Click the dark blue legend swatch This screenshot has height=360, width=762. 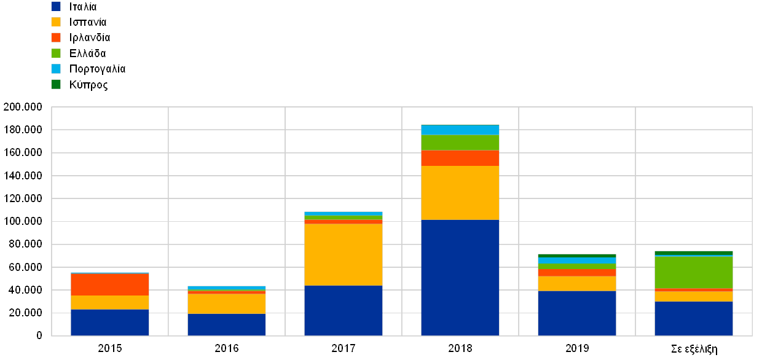pyautogui.click(x=56, y=7)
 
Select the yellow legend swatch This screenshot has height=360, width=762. pyautogui.click(x=56, y=22)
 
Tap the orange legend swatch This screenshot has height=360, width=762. pyautogui.click(x=56, y=37)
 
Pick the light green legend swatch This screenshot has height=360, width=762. pyautogui.click(x=56, y=53)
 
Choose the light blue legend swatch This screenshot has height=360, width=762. pyautogui.click(x=56, y=69)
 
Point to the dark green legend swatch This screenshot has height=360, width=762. pyautogui.click(x=56, y=84)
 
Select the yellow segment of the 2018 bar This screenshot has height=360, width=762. pyautogui.click(x=460, y=193)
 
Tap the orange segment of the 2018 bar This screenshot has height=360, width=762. pyautogui.click(x=460, y=158)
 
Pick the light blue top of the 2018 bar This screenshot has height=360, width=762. pyautogui.click(x=460, y=130)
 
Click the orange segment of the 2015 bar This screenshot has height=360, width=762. pyautogui.click(x=110, y=285)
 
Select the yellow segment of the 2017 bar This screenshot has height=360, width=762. pyautogui.click(x=344, y=255)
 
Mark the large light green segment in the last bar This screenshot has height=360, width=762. pyautogui.click(x=694, y=272)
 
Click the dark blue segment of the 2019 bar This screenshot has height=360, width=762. pyautogui.click(x=577, y=313)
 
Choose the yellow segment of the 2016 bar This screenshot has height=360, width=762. pyautogui.click(x=227, y=304)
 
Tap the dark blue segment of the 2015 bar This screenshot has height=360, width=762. pyautogui.click(x=110, y=323)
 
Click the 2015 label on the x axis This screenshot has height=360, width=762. pyautogui.click(x=110, y=348)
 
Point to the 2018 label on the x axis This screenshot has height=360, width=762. pyautogui.click(x=460, y=348)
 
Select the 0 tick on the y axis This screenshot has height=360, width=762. pyautogui.click(x=39, y=335)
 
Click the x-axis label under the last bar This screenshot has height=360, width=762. pyautogui.click(x=694, y=348)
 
